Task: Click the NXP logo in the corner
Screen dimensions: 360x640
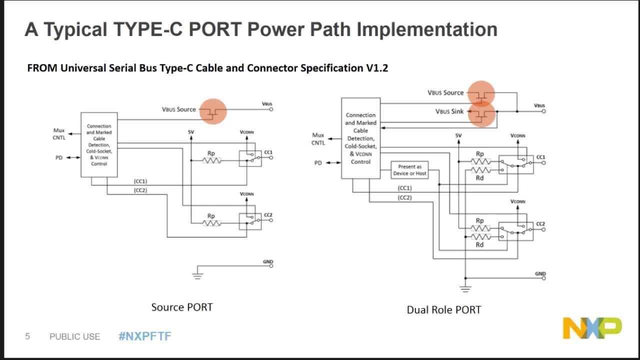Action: (x=592, y=328)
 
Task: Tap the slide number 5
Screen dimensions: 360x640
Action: (x=27, y=336)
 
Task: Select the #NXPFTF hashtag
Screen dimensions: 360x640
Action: (x=144, y=336)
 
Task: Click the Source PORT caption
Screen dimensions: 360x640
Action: (x=182, y=307)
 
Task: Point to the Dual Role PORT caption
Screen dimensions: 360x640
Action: (x=443, y=309)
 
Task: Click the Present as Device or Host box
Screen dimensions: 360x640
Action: (x=409, y=170)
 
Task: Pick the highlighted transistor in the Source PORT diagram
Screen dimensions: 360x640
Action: (x=213, y=111)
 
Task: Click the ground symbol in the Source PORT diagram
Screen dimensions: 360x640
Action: (x=197, y=274)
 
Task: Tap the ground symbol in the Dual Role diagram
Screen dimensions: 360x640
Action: (x=465, y=288)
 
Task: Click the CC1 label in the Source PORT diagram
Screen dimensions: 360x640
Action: (x=268, y=152)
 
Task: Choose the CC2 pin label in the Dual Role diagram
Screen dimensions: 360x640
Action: (x=540, y=223)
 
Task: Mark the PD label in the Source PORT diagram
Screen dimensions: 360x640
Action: (x=59, y=157)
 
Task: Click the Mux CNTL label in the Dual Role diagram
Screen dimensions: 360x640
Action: (x=318, y=139)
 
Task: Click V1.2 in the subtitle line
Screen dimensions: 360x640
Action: (x=377, y=68)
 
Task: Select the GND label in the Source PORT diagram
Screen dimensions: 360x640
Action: (x=268, y=261)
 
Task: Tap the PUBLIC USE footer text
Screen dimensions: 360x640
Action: (x=74, y=336)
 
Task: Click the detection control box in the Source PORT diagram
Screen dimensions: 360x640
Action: (x=99, y=144)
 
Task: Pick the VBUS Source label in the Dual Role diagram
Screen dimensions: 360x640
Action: (x=445, y=92)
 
